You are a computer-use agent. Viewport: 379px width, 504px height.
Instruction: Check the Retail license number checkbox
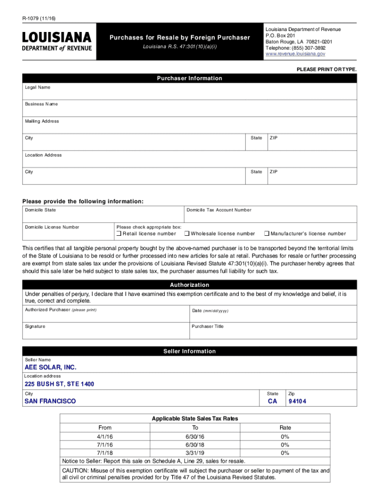click(x=119, y=234)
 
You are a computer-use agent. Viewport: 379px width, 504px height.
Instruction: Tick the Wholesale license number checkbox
click(x=187, y=234)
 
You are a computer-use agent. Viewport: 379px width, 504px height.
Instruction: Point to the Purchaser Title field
click(x=273, y=332)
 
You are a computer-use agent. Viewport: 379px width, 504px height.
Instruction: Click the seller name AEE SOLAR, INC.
click(x=51, y=368)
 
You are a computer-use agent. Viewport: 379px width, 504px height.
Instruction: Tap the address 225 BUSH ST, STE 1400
click(x=59, y=384)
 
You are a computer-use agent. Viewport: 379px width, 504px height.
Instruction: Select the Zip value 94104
click(x=297, y=402)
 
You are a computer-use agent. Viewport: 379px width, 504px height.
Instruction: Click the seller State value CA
click(x=273, y=402)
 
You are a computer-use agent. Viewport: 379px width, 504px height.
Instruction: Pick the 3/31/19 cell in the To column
click(x=195, y=453)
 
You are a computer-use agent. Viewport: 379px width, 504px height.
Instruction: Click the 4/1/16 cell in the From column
click(x=105, y=437)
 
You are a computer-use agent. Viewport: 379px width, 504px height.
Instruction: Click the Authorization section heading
click(x=189, y=285)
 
